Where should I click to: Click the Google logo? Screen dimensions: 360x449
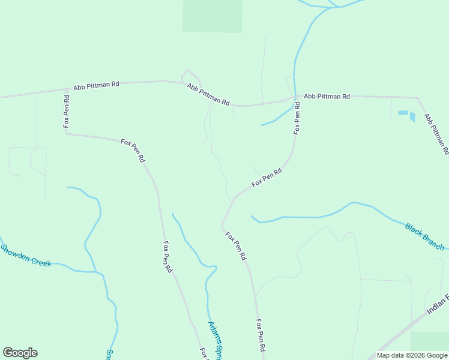[20, 353]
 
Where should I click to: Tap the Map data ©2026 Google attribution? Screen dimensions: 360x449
[412, 355]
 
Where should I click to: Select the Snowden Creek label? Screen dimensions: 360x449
[25, 255]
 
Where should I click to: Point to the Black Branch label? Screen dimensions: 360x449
[424, 236]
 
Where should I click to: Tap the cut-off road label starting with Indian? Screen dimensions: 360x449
[438, 305]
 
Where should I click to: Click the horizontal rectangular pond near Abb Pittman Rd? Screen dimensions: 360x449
[403, 113]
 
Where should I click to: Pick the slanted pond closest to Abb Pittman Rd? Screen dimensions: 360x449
[412, 116]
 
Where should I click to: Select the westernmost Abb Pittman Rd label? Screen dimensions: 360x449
[96, 86]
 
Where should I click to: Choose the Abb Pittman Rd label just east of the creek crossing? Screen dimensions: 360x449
[327, 96]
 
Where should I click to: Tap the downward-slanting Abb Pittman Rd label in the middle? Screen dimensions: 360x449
[208, 95]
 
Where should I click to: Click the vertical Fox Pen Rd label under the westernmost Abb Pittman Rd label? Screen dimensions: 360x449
[67, 112]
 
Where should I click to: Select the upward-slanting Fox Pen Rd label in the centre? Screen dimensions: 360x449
[267, 177]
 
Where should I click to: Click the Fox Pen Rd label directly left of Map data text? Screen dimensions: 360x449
[261, 335]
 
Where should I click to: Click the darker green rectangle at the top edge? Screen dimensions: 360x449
[212, 16]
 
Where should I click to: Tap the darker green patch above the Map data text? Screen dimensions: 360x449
[430, 340]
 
